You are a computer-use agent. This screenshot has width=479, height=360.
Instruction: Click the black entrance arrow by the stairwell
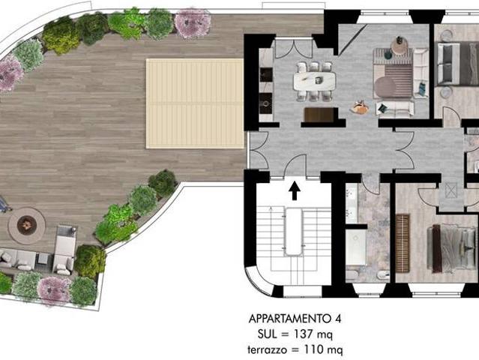point(295,190)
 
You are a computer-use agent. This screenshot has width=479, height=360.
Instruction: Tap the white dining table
point(314,81)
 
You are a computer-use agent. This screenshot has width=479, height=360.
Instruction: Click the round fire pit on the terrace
point(26,226)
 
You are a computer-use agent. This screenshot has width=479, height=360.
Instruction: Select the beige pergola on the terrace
point(195,103)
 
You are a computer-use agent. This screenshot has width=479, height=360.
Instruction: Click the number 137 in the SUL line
point(303,334)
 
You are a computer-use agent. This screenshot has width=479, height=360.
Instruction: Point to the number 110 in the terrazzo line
point(313,349)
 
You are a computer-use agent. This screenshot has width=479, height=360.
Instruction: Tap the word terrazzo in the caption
point(268,349)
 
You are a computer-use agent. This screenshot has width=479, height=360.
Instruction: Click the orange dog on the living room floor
point(360,107)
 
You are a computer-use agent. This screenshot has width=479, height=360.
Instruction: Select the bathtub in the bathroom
point(356,247)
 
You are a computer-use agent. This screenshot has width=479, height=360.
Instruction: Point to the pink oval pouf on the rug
point(385,86)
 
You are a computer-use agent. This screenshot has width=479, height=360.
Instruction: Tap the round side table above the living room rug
point(400,47)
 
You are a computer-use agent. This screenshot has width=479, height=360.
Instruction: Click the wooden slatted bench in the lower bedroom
point(403,244)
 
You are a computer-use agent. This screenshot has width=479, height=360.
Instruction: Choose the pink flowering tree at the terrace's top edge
point(193,23)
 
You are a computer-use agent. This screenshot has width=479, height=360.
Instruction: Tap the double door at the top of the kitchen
point(294,48)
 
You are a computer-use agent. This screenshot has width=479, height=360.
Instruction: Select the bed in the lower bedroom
point(451,249)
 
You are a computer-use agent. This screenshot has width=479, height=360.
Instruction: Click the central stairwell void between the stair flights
point(294,231)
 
